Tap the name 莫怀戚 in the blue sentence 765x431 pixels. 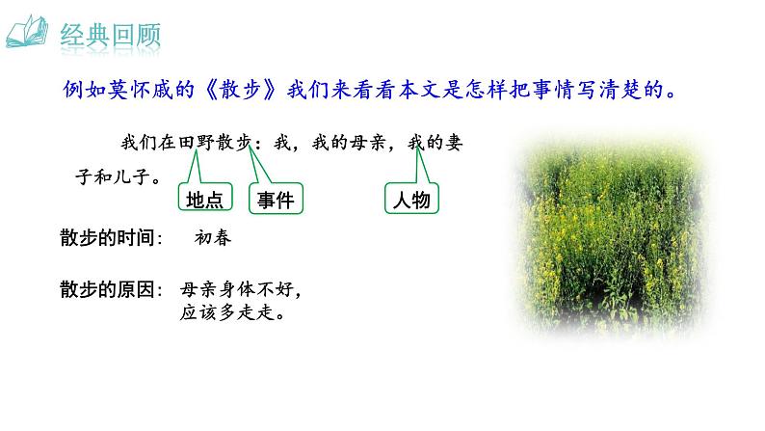pyautogui.click(x=170, y=92)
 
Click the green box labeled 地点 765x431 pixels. pyautogui.click(x=203, y=200)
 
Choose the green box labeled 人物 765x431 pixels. pyautogui.click(x=412, y=200)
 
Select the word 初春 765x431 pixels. pyautogui.click(x=214, y=238)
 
